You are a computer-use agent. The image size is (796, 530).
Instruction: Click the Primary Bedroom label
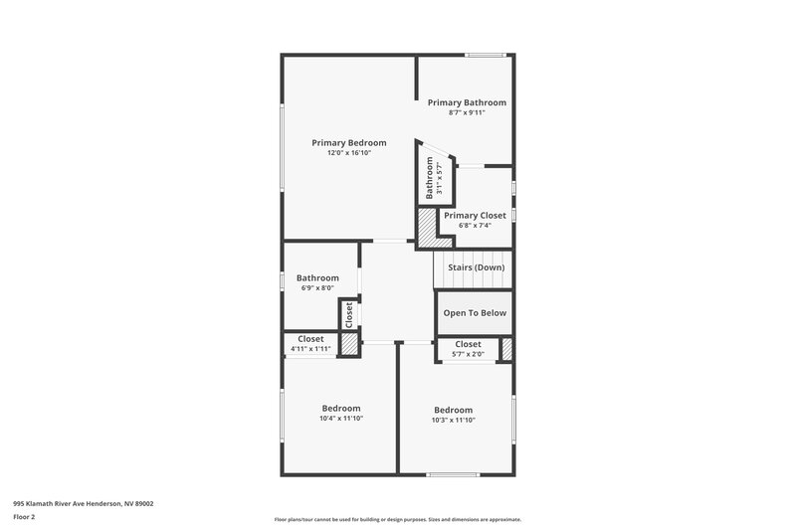pyautogui.click(x=348, y=143)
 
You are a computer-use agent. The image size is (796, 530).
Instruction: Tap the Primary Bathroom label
pyautogui.click(x=467, y=102)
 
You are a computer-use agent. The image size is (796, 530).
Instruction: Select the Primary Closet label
pyautogui.click(x=475, y=215)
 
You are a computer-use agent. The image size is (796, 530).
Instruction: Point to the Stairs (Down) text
pyautogui.click(x=476, y=267)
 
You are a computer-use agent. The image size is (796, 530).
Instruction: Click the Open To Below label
pyautogui.click(x=475, y=313)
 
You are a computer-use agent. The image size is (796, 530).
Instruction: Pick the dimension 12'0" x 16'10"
pyautogui.click(x=348, y=153)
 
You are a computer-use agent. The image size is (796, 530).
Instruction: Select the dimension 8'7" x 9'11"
pyautogui.click(x=467, y=112)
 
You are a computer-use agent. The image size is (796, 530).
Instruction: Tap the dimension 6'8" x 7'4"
pyautogui.click(x=475, y=225)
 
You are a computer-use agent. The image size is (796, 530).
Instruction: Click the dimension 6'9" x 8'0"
pyautogui.click(x=317, y=288)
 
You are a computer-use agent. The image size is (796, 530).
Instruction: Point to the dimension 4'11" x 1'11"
pyautogui.click(x=310, y=349)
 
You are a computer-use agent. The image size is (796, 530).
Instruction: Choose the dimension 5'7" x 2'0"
pyautogui.click(x=468, y=354)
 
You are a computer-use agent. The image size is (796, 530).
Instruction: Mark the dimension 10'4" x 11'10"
pyautogui.click(x=341, y=419)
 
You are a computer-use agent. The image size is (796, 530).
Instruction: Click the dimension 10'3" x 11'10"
pyautogui.click(x=453, y=420)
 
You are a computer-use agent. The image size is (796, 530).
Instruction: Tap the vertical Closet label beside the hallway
pyautogui.click(x=349, y=314)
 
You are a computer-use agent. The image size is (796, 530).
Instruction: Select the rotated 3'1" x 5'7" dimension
pyautogui.click(x=439, y=178)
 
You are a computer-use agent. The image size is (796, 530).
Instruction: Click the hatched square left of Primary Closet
pyautogui.click(x=427, y=228)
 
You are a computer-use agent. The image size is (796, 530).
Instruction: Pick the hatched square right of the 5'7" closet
pyautogui.click(x=506, y=349)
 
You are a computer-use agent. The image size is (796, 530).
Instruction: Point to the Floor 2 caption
pyautogui.click(x=24, y=517)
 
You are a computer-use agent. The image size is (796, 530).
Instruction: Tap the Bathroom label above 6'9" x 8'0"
pyautogui.click(x=317, y=278)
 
